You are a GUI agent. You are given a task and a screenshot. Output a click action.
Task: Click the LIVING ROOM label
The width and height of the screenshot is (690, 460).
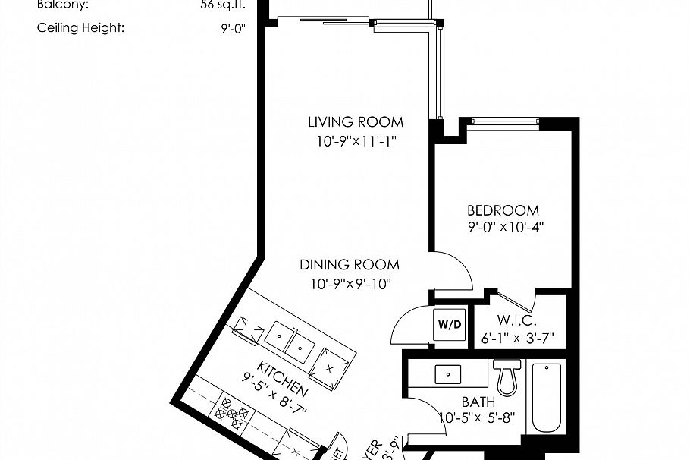coord(356,121)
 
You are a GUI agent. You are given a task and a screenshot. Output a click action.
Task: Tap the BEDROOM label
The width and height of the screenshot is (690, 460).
coord(503,210)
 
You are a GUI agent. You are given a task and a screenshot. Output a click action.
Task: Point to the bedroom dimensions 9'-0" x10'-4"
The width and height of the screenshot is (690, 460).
coord(506,226)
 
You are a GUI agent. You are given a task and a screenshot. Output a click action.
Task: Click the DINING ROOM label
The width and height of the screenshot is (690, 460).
coord(350,265)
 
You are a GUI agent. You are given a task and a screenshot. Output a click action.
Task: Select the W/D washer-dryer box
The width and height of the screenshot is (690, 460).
coord(448,324)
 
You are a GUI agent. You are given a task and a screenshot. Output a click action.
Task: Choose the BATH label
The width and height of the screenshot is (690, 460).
coord(478,402)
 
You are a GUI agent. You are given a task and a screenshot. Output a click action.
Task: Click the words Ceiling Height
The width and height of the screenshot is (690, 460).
coord(80,28)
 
